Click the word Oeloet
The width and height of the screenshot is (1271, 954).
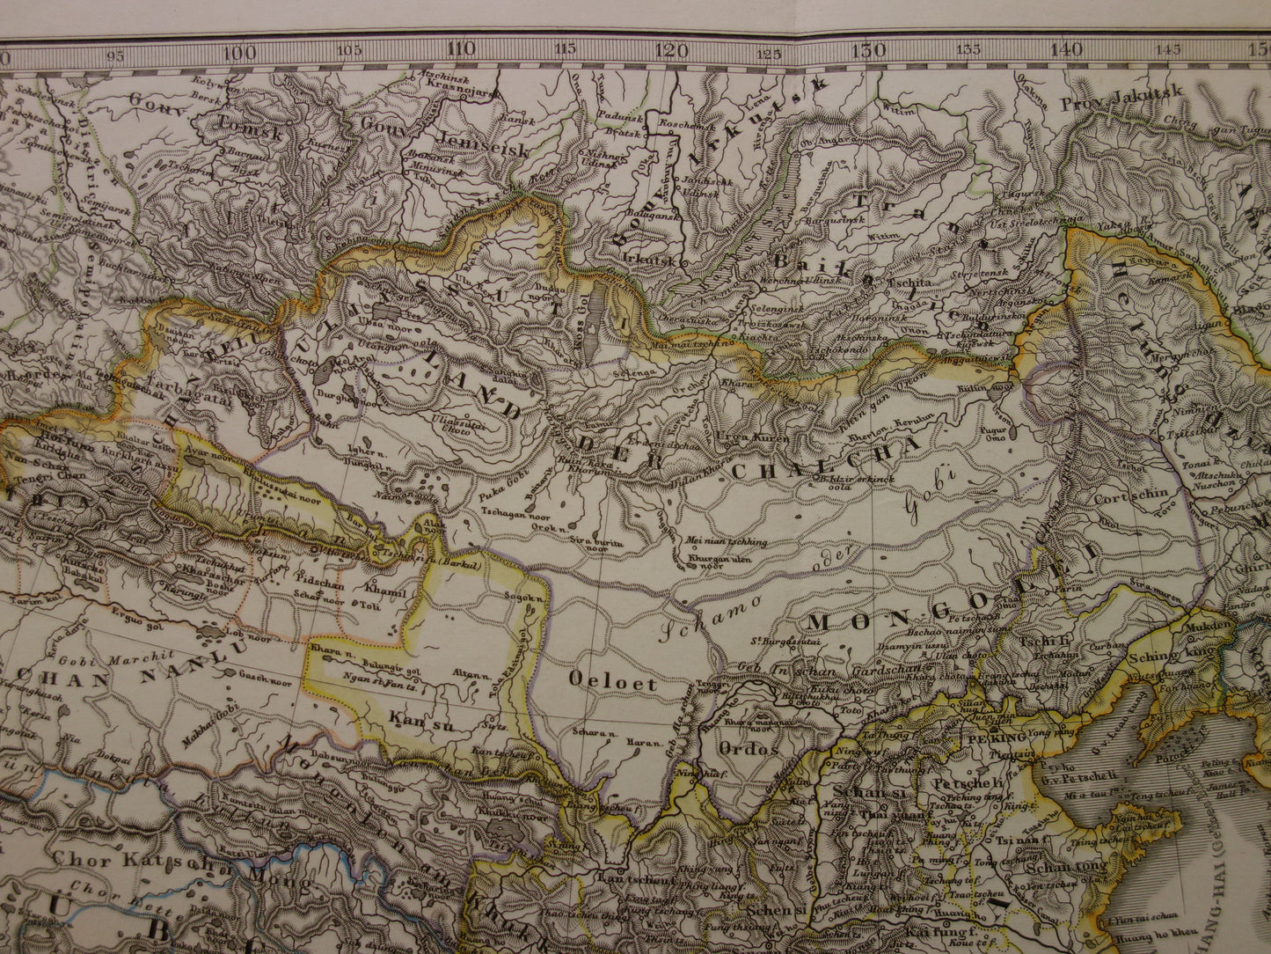coord(602,681)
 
